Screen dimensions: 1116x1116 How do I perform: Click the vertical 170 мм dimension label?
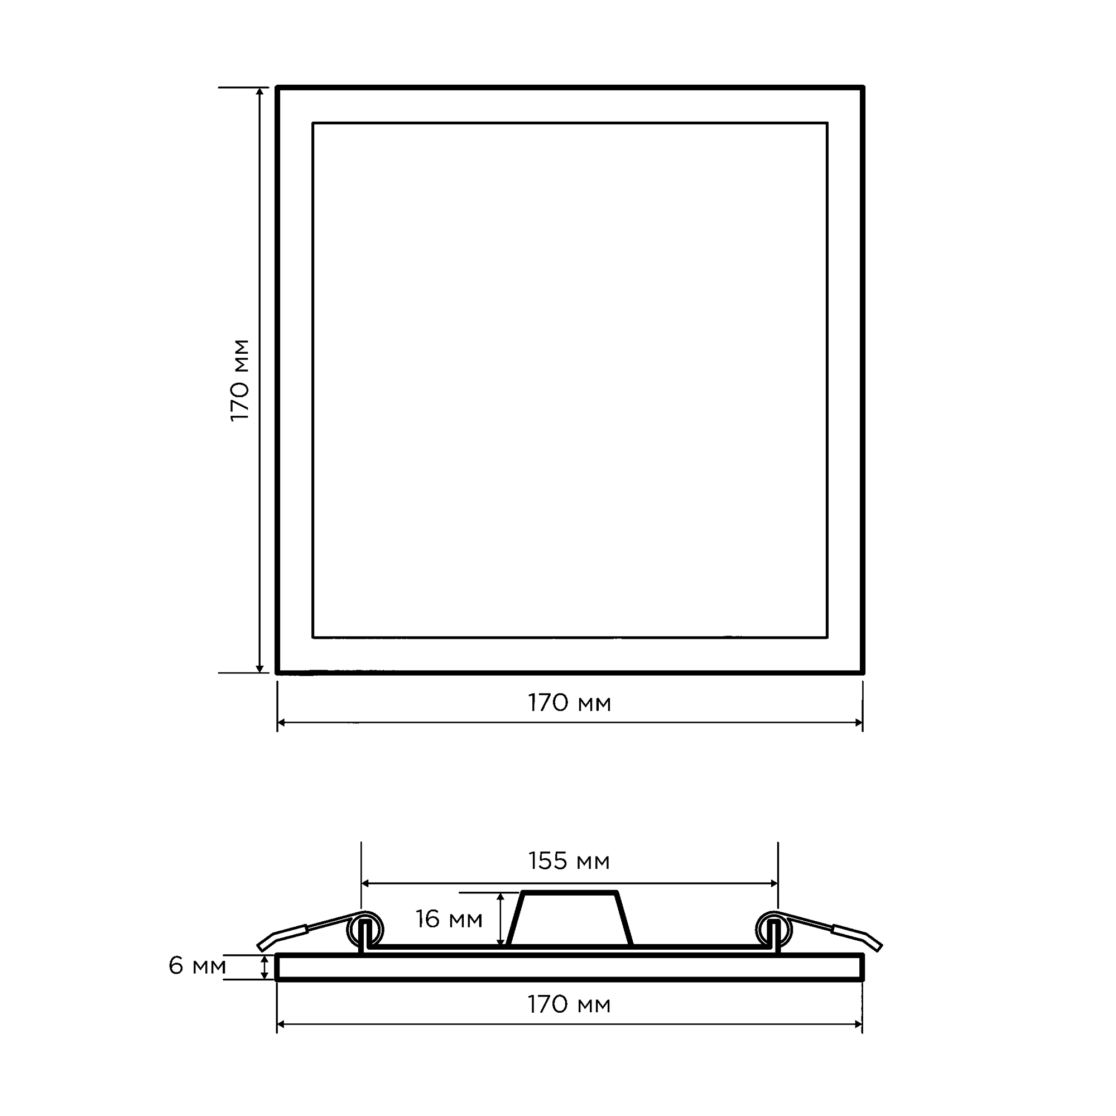240,381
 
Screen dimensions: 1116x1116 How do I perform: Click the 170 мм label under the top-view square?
570,703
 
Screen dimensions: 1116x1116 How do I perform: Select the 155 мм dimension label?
569,861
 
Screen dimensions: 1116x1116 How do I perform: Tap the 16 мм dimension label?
449,919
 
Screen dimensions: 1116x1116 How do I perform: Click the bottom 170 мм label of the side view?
570,1004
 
